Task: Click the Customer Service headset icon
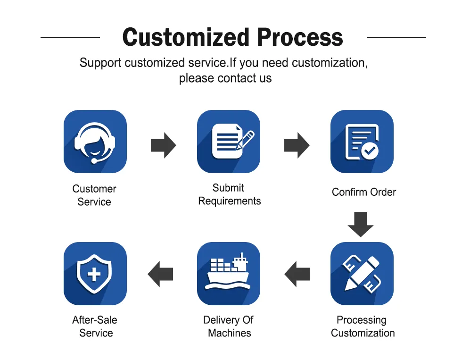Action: (95, 142)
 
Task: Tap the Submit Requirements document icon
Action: (229, 142)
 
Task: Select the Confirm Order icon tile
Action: (362, 142)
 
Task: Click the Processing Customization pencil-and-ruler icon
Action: (362, 274)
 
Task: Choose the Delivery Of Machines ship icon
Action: (229, 274)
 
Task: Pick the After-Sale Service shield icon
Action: (95, 274)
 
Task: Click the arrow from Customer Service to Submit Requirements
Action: (164, 145)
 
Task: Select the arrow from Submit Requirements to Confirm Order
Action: (297, 145)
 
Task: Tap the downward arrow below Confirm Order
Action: (361, 225)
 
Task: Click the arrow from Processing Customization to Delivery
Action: (297, 274)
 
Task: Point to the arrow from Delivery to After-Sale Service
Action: (160, 274)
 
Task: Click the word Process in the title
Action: (300, 37)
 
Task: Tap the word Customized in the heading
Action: (186, 37)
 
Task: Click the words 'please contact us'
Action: (225, 78)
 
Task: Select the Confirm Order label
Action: (364, 192)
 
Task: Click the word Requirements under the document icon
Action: (230, 201)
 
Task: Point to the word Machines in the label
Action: (230, 333)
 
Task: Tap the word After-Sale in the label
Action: (95, 320)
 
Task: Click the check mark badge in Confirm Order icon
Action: (370, 151)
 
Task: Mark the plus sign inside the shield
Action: (94, 275)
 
